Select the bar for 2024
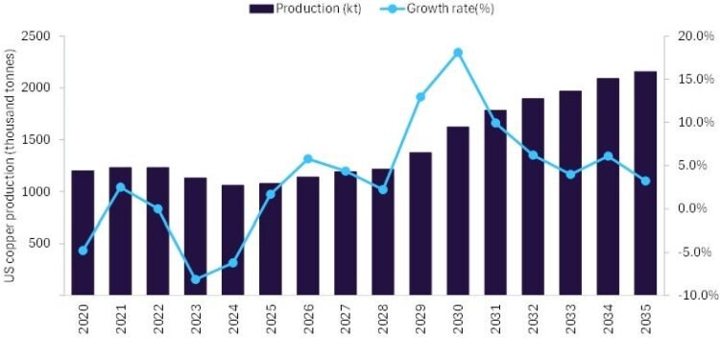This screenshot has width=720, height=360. click(233, 239)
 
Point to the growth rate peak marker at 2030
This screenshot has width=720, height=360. click(458, 53)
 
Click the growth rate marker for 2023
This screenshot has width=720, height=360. click(196, 279)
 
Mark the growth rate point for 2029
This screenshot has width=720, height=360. click(420, 97)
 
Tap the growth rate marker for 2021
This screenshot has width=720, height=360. click(121, 187)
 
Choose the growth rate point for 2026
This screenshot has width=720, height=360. click(308, 159)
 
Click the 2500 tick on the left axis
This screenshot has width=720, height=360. click(35, 36)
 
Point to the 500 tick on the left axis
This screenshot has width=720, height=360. click(39, 244)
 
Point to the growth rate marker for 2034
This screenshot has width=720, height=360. click(609, 156)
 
